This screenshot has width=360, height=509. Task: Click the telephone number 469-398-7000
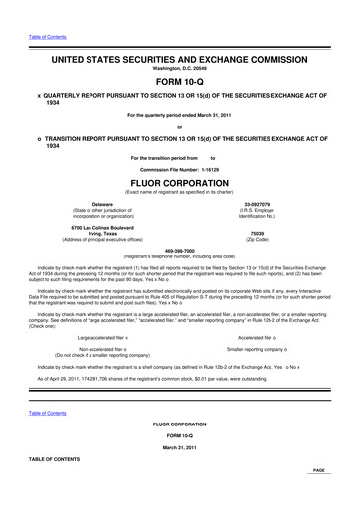coord(179,251)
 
